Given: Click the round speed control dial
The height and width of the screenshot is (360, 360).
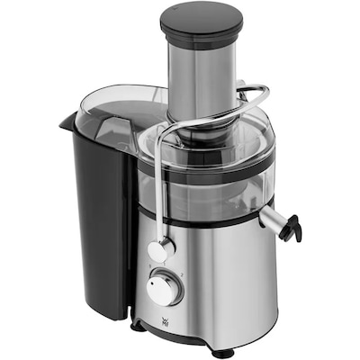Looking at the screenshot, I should (x=165, y=288).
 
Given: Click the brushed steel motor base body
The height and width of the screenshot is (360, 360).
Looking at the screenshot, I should (x=225, y=279).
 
